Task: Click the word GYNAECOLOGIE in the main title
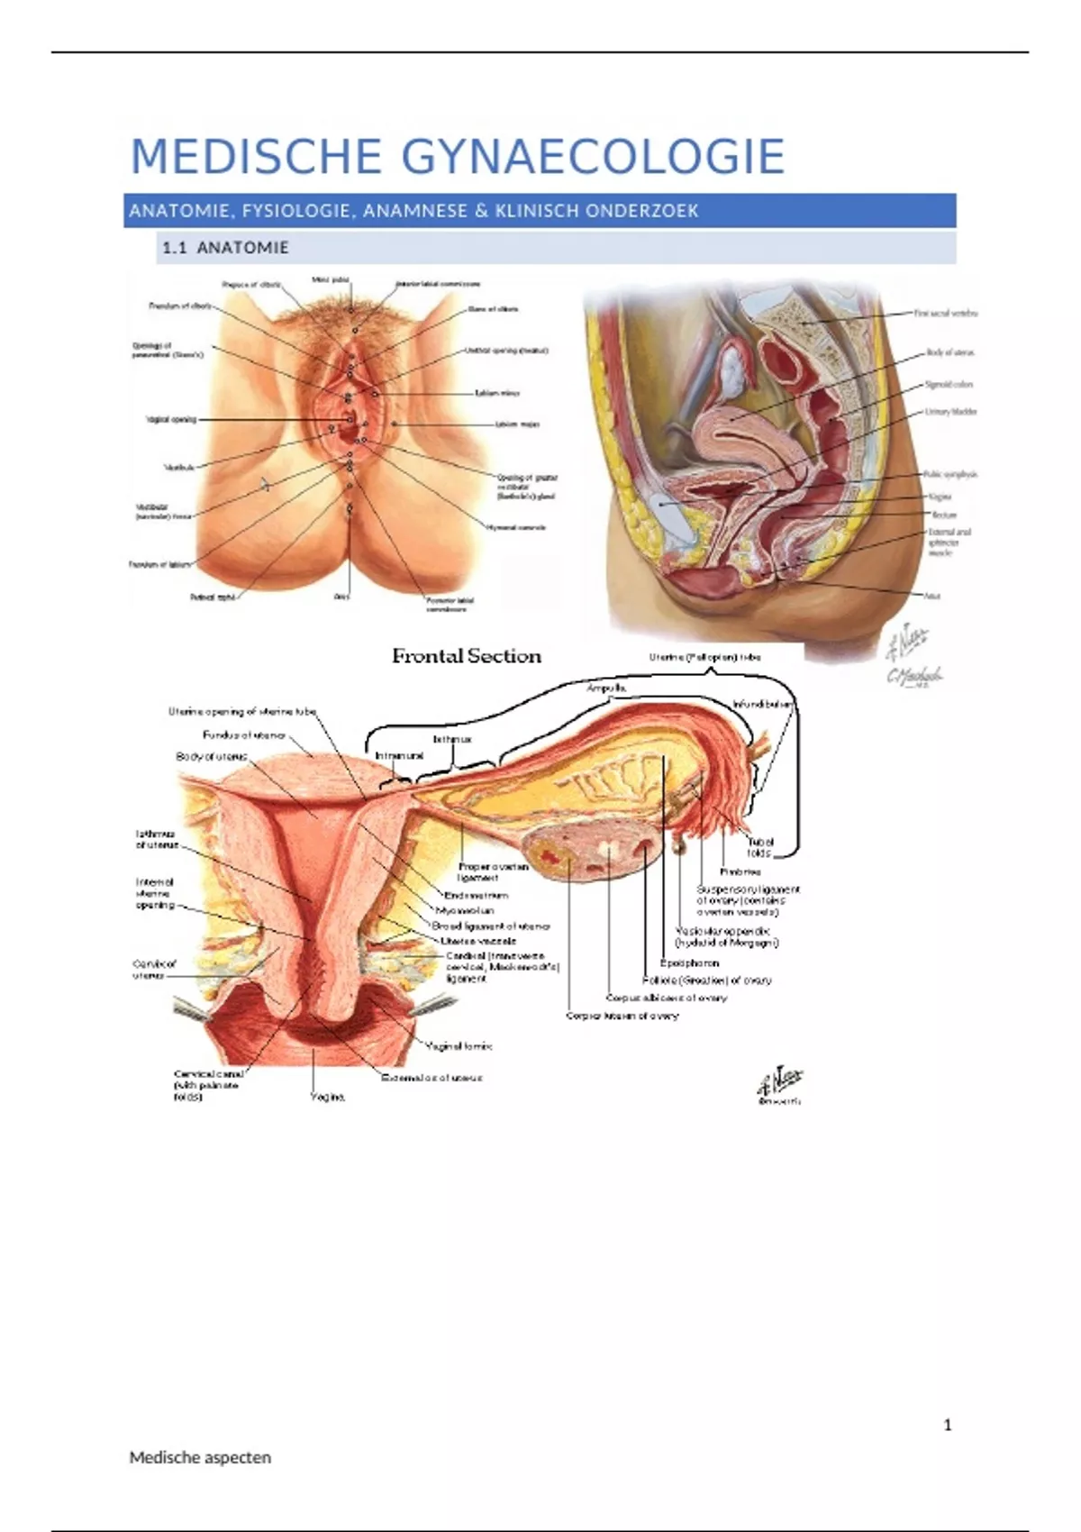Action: point(592,157)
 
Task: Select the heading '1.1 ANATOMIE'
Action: point(225,248)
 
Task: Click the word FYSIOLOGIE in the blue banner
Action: point(296,211)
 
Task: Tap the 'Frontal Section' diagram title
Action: point(467,656)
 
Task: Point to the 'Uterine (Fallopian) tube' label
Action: point(704,657)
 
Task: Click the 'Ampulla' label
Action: point(606,688)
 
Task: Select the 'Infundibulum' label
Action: point(763,704)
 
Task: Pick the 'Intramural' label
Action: point(399,756)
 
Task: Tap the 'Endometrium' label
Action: point(476,896)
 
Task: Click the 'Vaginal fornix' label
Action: point(459,1046)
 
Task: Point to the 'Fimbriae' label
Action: point(740,871)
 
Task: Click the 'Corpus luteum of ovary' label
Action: point(622,1016)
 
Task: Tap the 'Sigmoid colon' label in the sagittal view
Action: point(949,384)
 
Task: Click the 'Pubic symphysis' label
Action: point(950,474)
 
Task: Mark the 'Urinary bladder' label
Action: point(950,412)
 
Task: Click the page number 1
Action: point(947,1425)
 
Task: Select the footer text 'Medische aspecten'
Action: point(200,1457)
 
